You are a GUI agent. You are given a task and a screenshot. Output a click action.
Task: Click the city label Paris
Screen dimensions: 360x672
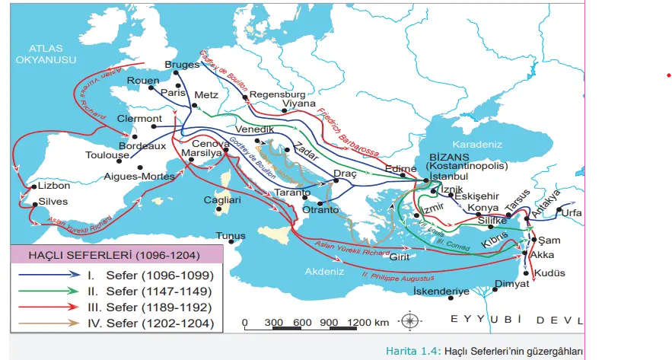coord(174,93)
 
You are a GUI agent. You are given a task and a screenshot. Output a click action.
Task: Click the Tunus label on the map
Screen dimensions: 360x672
coord(231,236)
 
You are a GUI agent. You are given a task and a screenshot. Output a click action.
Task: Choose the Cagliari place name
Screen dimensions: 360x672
coord(222,200)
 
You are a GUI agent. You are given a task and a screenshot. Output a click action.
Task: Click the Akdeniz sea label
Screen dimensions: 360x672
coord(326,271)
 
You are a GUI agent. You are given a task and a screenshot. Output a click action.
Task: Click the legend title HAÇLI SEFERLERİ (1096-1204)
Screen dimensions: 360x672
coord(114,255)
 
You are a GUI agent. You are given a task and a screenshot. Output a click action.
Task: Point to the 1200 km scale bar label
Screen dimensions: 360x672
coord(368,322)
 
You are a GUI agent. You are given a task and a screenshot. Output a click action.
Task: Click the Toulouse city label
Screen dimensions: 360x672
coord(107,155)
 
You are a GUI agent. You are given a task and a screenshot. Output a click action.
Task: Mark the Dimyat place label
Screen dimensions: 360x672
coord(511,284)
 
